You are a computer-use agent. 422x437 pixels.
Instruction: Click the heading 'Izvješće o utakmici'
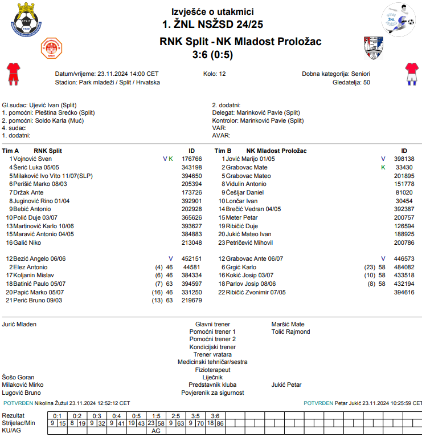click(212, 11)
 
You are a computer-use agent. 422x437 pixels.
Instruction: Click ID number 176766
click(192, 159)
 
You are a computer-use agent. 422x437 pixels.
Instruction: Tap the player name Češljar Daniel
click(245, 193)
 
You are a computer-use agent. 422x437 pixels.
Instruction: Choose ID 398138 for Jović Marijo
click(404, 159)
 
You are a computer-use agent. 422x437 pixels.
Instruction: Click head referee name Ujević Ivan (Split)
click(52, 106)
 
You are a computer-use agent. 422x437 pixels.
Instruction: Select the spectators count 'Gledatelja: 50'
click(351, 82)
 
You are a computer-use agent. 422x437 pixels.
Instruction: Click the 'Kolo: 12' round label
click(214, 74)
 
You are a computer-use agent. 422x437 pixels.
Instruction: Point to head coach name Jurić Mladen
click(19, 324)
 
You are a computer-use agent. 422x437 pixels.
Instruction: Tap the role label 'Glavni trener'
click(212, 324)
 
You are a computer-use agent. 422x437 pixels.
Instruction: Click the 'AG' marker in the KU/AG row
click(156, 431)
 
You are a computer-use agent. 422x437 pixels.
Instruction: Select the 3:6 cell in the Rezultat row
click(215, 416)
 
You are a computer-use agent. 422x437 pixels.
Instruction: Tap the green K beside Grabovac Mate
click(383, 167)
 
